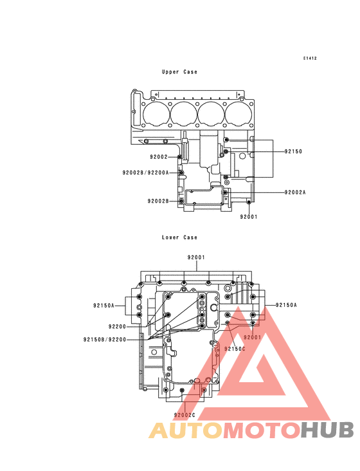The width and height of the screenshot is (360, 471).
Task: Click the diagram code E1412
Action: click(310, 59)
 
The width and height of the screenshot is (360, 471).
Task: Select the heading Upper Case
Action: click(179, 72)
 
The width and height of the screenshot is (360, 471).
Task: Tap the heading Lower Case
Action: click(179, 237)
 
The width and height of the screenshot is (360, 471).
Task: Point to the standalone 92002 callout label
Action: click(159, 157)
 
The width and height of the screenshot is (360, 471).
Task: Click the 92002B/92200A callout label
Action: click(145, 172)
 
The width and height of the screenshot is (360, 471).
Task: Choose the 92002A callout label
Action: click(295, 192)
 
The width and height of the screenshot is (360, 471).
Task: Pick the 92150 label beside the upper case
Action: click(293, 151)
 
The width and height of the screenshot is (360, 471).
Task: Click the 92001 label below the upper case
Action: click(249, 217)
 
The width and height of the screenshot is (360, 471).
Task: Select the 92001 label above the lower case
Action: click(196, 257)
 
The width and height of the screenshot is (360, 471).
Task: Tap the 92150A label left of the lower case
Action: click(104, 306)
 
